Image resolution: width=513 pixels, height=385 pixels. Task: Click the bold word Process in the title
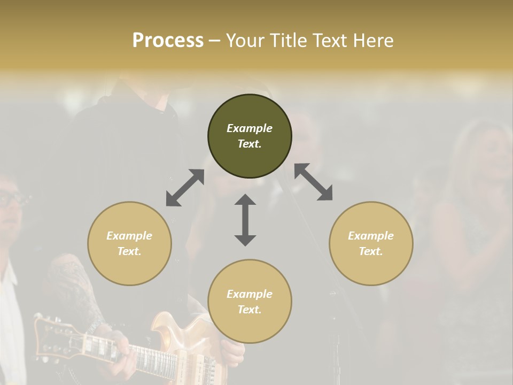coord(168,41)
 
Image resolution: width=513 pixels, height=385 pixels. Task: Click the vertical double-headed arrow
coord(245,220)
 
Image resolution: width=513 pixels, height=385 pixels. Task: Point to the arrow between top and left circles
coord(185,187)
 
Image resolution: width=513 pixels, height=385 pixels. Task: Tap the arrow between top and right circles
coord(313,182)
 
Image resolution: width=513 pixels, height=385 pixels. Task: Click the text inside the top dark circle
coord(250,136)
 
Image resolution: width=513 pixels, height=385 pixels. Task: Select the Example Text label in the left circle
coord(129,243)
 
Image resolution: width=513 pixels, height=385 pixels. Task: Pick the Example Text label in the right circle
coord(371,243)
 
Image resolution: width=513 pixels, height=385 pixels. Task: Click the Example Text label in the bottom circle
coord(250,302)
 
